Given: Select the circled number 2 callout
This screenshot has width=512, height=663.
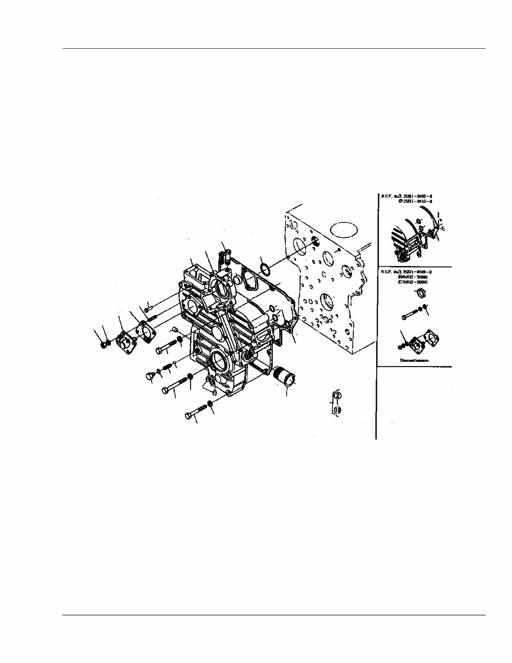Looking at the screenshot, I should pyautogui.click(x=338, y=396).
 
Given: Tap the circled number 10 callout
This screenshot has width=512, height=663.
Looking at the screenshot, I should pyautogui.click(x=338, y=409).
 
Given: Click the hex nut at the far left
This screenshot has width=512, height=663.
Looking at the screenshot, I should pyautogui.click(x=104, y=345).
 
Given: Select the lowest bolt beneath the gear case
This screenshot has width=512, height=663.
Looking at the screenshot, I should pyautogui.click(x=195, y=414).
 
